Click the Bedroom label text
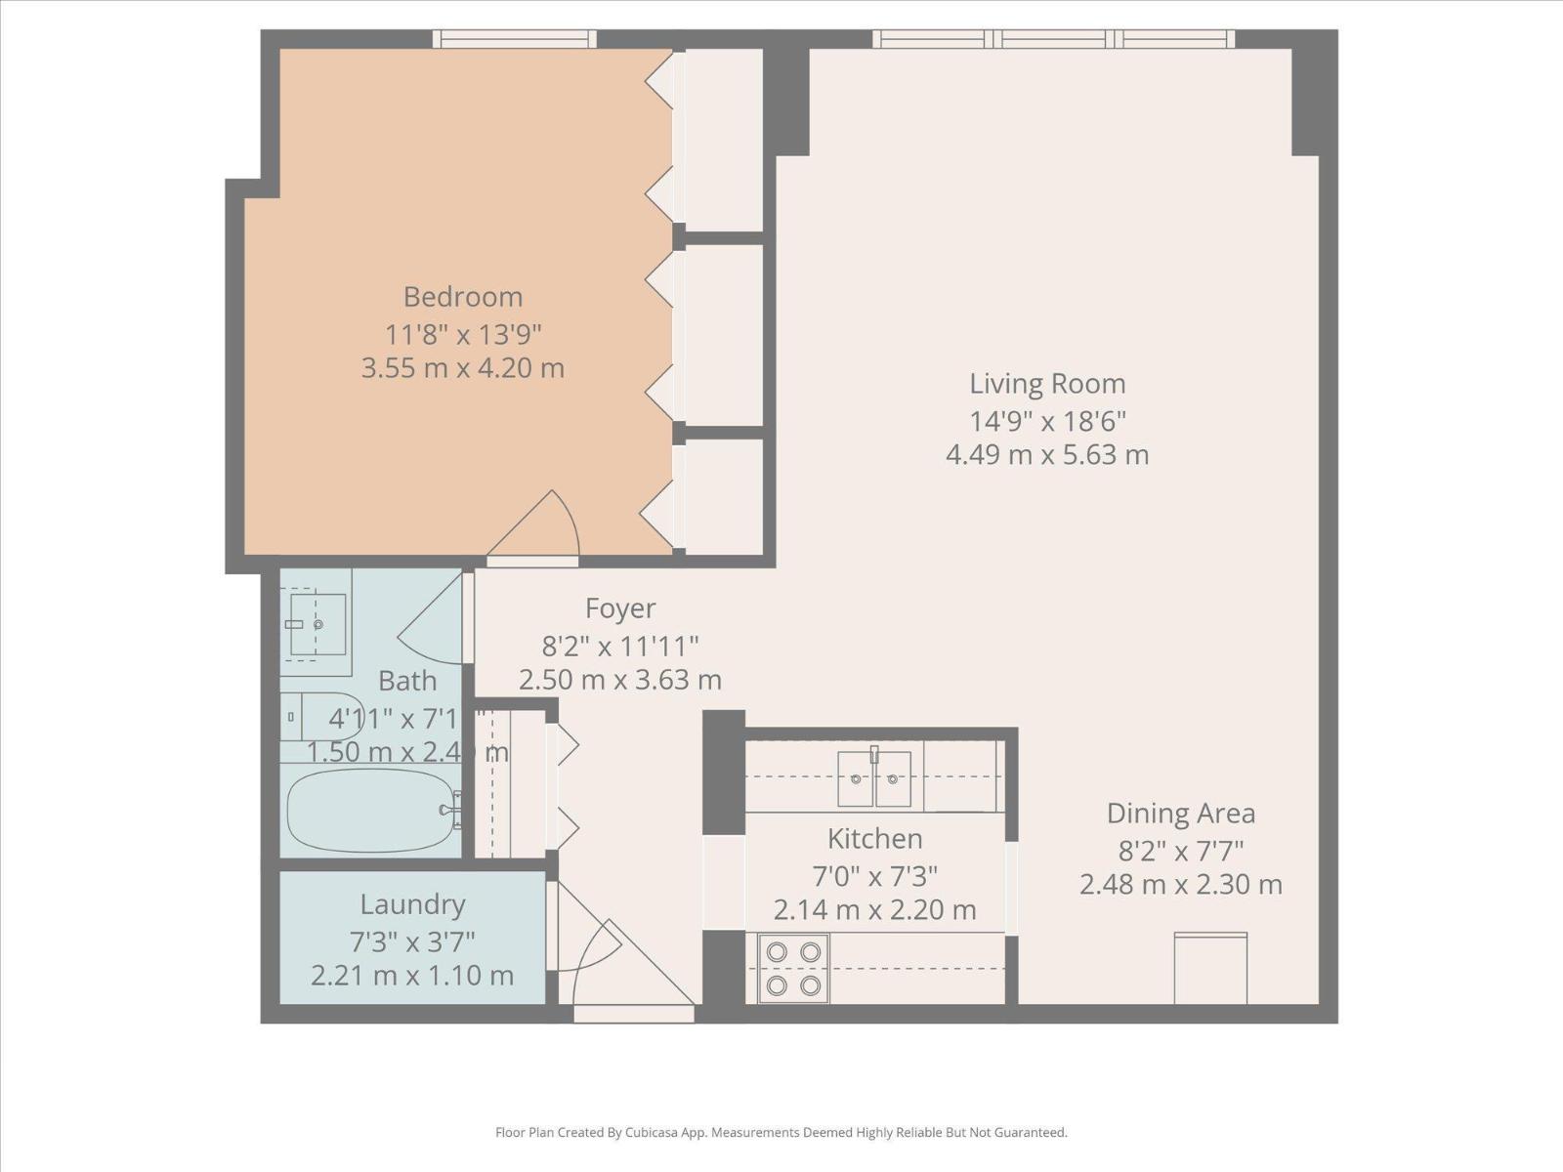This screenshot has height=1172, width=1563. click(463, 297)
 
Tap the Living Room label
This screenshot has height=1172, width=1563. click(1047, 384)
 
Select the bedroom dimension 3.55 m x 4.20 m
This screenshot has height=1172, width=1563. click(463, 368)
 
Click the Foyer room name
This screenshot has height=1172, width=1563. click(620, 608)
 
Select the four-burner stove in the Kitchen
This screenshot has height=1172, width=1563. click(793, 968)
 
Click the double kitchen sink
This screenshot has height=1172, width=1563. click(874, 778)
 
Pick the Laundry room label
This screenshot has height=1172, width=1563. click(412, 904)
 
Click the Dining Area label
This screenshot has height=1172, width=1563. click(1180, 814)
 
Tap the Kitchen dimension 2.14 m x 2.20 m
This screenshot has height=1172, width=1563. click(874, 910)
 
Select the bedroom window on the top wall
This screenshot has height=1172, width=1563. click(514, 39)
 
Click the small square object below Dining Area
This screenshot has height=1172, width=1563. click(1210, 968)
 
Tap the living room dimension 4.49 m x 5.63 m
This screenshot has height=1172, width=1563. click(1047, 455)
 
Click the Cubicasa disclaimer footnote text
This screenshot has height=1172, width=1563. click(781, 1133)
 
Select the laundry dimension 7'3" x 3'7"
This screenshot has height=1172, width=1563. click(412, 942)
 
